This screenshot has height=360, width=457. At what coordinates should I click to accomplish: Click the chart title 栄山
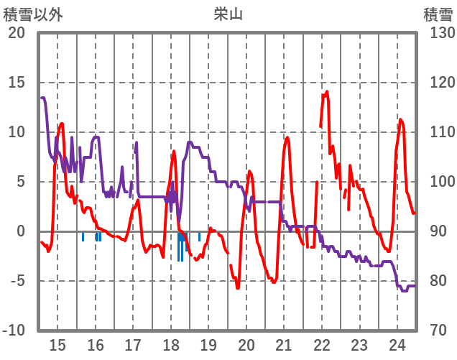pyautogui.click(x=228, y=14)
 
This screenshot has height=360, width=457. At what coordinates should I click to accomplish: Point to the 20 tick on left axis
pyautogui.click(x=17, y=33)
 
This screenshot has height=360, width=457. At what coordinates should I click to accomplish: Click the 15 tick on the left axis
pyautogui.click(x=17, y=83)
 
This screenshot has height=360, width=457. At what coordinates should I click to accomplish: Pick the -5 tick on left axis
pyautogui.click(x=17, y=281)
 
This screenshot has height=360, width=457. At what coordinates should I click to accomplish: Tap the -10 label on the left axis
pyautogui.click(x=14, y=331)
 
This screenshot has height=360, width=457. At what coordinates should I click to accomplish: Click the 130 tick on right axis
pyautogui.click(x=438, y=33)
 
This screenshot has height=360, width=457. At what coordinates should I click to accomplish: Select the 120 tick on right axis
pyautogui.click(x=438, y=83)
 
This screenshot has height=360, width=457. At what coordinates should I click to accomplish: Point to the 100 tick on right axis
pyautogui.click(x=438, y=182)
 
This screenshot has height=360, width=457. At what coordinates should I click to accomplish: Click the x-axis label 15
pyautogui.click(x=57, y=343)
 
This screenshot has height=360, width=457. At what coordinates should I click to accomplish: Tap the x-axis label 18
pyautogui.click(x=171, y=343)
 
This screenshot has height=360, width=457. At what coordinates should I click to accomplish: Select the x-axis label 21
pyautogui.click(x=284, y=343)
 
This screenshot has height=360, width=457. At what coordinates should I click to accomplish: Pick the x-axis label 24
pyautogui.click(x=397, y=343)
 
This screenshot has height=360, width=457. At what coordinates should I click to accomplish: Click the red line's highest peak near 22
pyautogui.click(x=327, y=91)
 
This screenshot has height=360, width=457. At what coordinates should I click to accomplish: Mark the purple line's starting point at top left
pyautogui.click(x=42, y=98)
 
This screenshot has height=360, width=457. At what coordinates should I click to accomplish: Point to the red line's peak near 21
pyautogui.click(x=287, y=137)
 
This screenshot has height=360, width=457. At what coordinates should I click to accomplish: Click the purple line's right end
pyautogui.click(x=415, y=286)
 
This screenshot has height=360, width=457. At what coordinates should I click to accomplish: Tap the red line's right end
pyautogui.click(x=415, y=213)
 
